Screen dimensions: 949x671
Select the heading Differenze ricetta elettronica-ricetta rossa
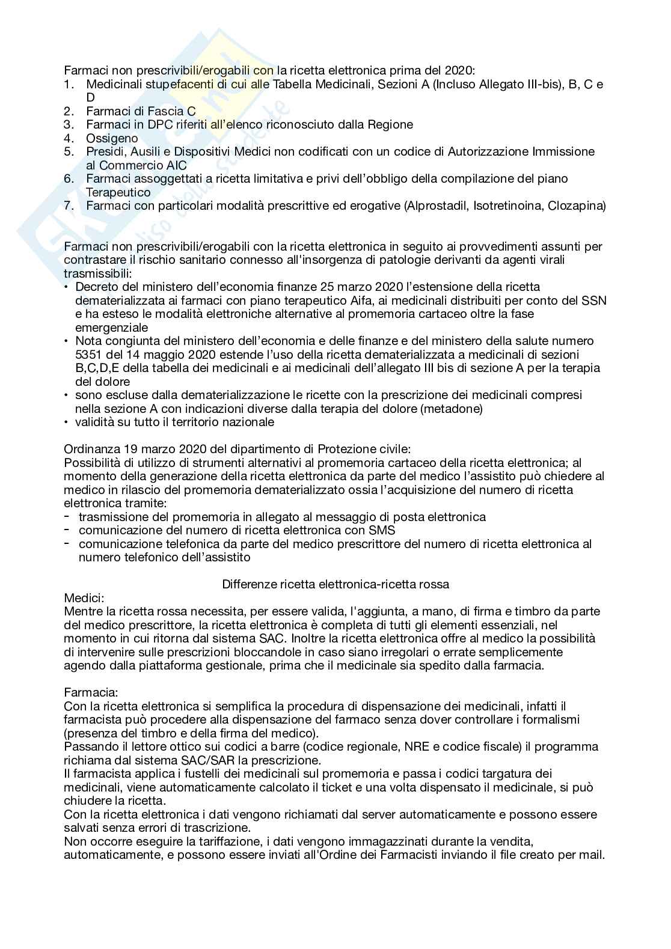tap(335, 584)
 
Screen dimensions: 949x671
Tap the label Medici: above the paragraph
tap(84, 597)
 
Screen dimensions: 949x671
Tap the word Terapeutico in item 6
tap(118, 192)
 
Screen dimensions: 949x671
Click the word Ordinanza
tap(91, 449)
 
